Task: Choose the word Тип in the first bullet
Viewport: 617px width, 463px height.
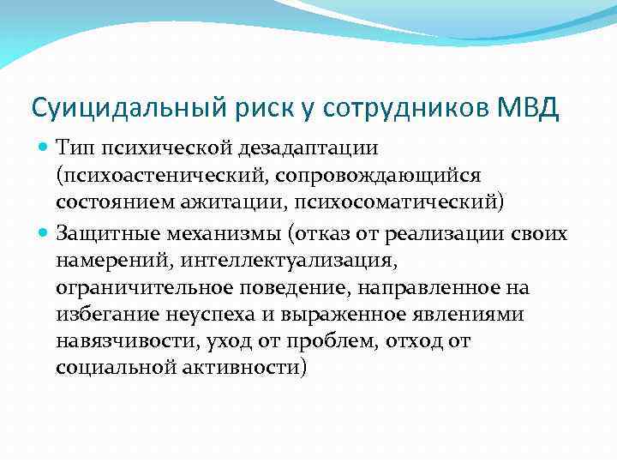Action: [x=73, y=149]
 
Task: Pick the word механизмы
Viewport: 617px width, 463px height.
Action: [x=220, y=232]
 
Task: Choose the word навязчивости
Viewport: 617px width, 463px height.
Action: [x=127, y=342]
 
